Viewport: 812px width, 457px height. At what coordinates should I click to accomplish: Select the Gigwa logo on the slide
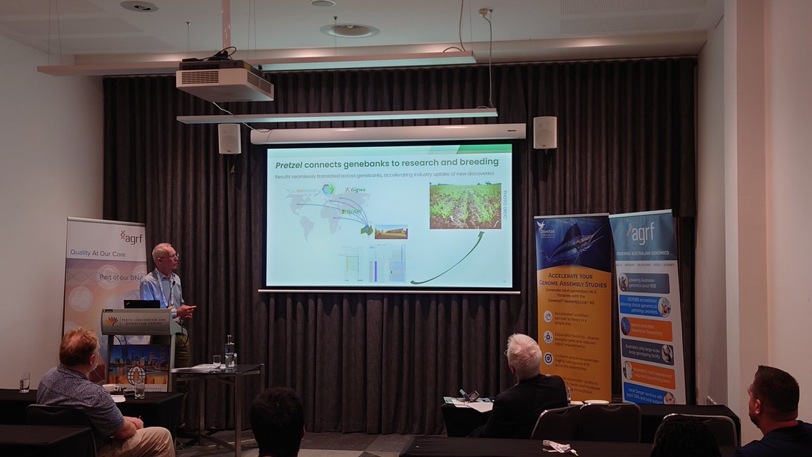(356, 191)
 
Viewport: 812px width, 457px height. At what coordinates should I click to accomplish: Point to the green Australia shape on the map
(366, 230)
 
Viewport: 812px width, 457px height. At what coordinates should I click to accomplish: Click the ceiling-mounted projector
(225, 82)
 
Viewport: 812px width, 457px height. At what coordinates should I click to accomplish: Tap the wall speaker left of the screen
(229, 138)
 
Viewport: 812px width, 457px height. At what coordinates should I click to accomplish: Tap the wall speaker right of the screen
(545, 133)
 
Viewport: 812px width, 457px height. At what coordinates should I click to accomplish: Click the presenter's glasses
(170, 256)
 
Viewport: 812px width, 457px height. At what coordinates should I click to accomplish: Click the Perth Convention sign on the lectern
(135, 321)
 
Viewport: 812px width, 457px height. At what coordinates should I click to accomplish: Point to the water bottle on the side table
(229, 352)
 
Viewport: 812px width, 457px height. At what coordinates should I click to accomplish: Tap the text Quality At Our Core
(99, 253)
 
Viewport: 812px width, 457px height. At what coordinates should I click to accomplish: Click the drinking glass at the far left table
(24, 383)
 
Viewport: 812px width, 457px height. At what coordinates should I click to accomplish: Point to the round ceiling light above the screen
(349, 30)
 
